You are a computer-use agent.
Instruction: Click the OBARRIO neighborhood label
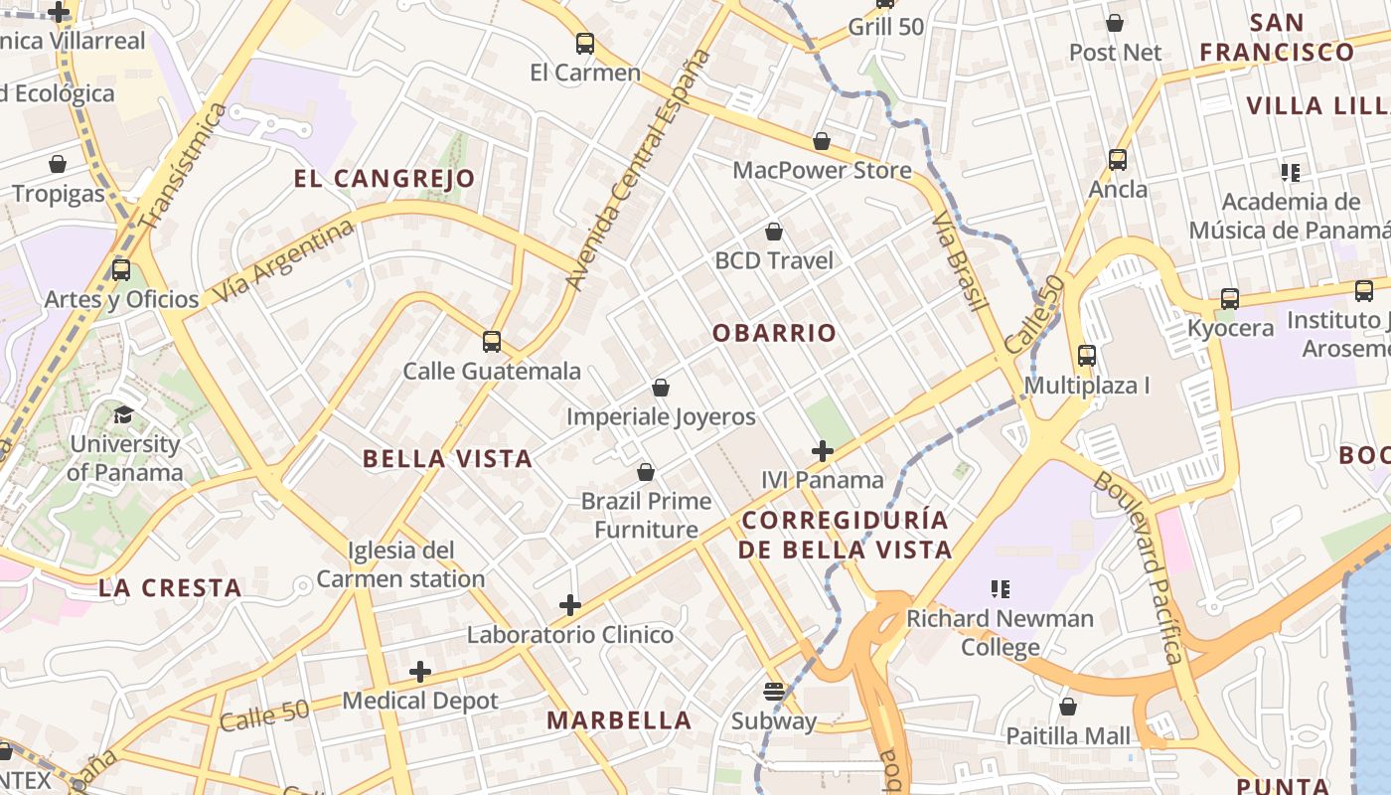775,333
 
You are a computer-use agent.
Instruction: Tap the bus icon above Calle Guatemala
491,342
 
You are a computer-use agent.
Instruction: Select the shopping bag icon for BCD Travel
774,233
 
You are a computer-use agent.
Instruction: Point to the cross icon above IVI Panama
822,451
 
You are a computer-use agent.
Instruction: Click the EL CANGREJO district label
384,179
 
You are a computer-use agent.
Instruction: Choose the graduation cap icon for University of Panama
124,414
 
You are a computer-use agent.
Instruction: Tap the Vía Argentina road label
284,260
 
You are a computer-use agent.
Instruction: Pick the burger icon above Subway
774,691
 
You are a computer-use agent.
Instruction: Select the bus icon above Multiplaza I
1087,356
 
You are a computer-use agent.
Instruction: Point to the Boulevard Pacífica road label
1140,567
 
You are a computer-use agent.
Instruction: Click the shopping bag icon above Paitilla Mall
1068,707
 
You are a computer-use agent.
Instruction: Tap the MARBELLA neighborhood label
619,720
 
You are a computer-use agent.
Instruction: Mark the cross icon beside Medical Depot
420,672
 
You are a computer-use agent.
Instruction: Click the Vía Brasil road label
960,260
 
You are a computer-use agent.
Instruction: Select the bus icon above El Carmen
585,44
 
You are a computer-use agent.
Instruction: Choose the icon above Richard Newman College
1001,589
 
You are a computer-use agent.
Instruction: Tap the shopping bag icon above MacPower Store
822,141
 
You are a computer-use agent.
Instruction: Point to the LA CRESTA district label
170,587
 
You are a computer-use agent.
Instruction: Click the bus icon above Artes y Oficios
121,269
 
